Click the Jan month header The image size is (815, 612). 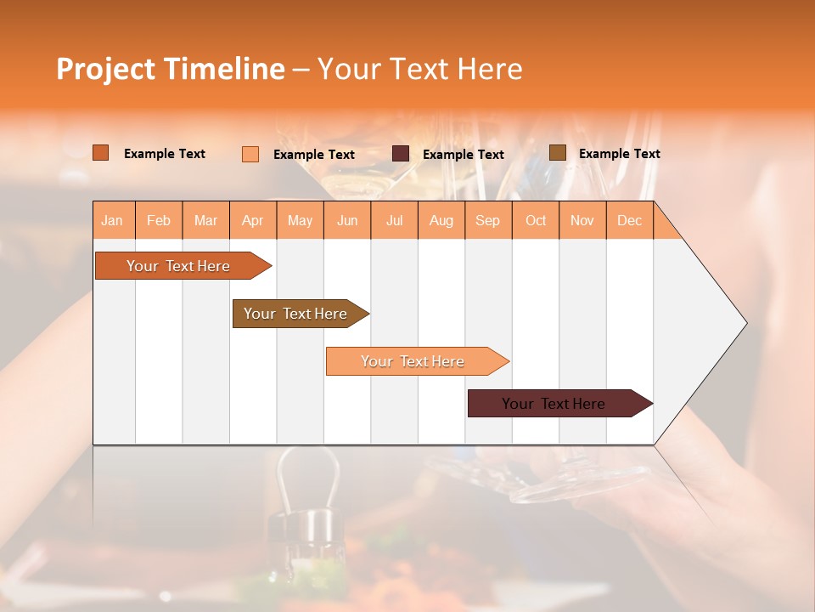coord(112,220)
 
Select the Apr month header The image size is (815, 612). coord(252,220)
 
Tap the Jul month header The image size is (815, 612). coord(394,220)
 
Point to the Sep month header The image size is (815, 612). coord(487,220)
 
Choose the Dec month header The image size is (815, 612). coord(629,220)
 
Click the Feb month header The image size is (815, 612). coord(159,220)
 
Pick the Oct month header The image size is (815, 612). coord(536,220)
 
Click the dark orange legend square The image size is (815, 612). coord(100,153)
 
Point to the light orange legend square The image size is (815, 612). coord(250,154)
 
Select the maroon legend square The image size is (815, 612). coord(400,154)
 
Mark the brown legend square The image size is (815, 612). coord(557,153)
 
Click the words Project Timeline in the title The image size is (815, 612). coord(171,69)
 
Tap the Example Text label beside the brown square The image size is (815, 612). coord(619,153)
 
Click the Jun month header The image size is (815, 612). coord(347,220)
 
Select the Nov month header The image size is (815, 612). coord(582,220)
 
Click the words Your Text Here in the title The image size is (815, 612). coord(419,69)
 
